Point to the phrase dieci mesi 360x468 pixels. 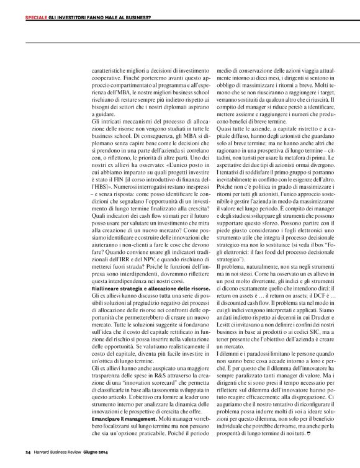263,78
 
